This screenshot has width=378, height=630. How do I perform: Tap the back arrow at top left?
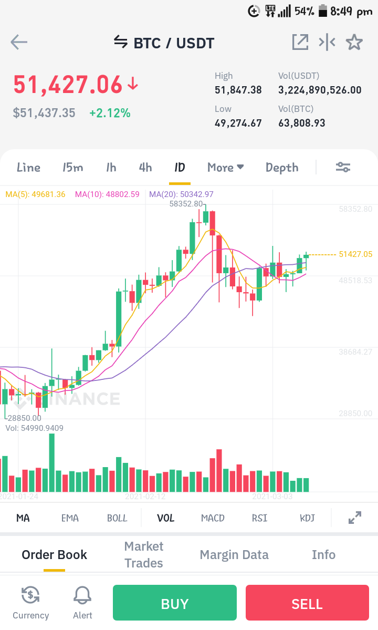[x=19, y=42]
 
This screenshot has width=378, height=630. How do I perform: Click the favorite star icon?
[x=354, y=42]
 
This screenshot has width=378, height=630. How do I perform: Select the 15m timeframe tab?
[x=72, y=167]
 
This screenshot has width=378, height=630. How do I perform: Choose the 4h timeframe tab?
[x=145, y=167]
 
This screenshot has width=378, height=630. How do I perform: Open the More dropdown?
[x=226, y=167]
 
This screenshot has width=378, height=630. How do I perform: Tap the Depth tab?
[x=282, y=168]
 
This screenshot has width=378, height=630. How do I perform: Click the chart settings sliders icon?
[x=343, y=167]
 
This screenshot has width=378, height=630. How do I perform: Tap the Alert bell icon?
[x=82, y=595]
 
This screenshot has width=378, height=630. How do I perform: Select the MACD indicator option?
[x=213, y=518]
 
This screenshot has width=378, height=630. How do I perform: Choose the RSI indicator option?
[x=260, y=518]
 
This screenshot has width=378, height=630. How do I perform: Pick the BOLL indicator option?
[x=117, y=518]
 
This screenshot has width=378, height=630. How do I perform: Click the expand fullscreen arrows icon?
[x=355, y=518]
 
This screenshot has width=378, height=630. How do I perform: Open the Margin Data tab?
[x=234, y=554]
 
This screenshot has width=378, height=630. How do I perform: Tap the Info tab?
[x=323, y=554]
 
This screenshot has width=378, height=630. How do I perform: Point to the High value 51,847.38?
[x=238, y=90]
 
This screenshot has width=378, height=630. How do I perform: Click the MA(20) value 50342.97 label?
[x=181, y=194]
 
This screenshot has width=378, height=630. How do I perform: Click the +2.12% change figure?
[x=110, y=113]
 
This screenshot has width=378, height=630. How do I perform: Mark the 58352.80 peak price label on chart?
[x=186, y=204]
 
